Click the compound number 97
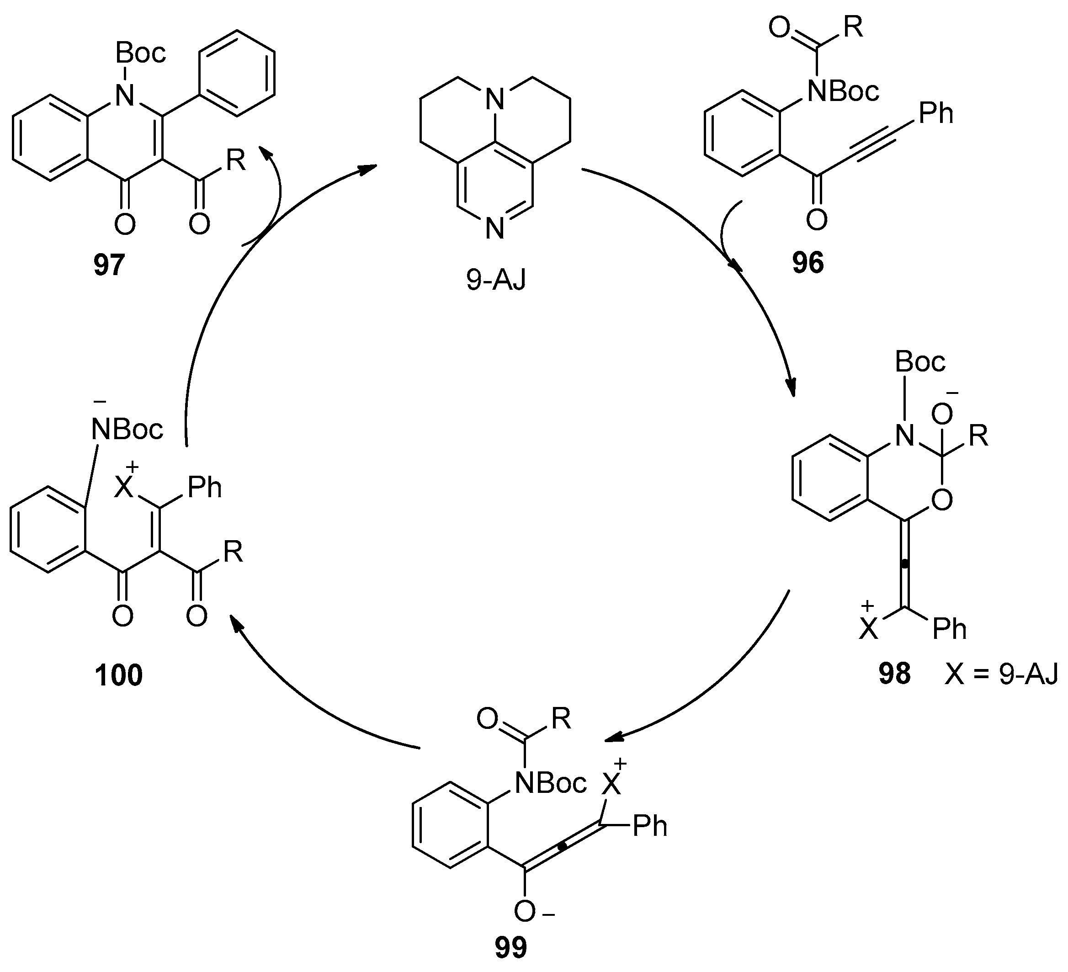[109, 265]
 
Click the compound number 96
[808, 262]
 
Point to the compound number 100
[119, 675]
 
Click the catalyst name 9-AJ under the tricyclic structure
[496, 279]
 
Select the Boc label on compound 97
[140, 53]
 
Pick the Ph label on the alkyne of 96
[935, 113]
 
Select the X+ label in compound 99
[612, 783]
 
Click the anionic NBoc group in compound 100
[127, 428]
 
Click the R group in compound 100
[233, 552]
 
